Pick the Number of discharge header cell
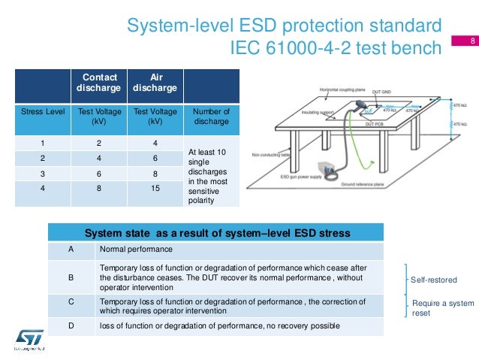[211, 116]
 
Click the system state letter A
[71, 249]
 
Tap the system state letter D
[71, 325]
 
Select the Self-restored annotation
[433, 280]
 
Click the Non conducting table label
[270, 148]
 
